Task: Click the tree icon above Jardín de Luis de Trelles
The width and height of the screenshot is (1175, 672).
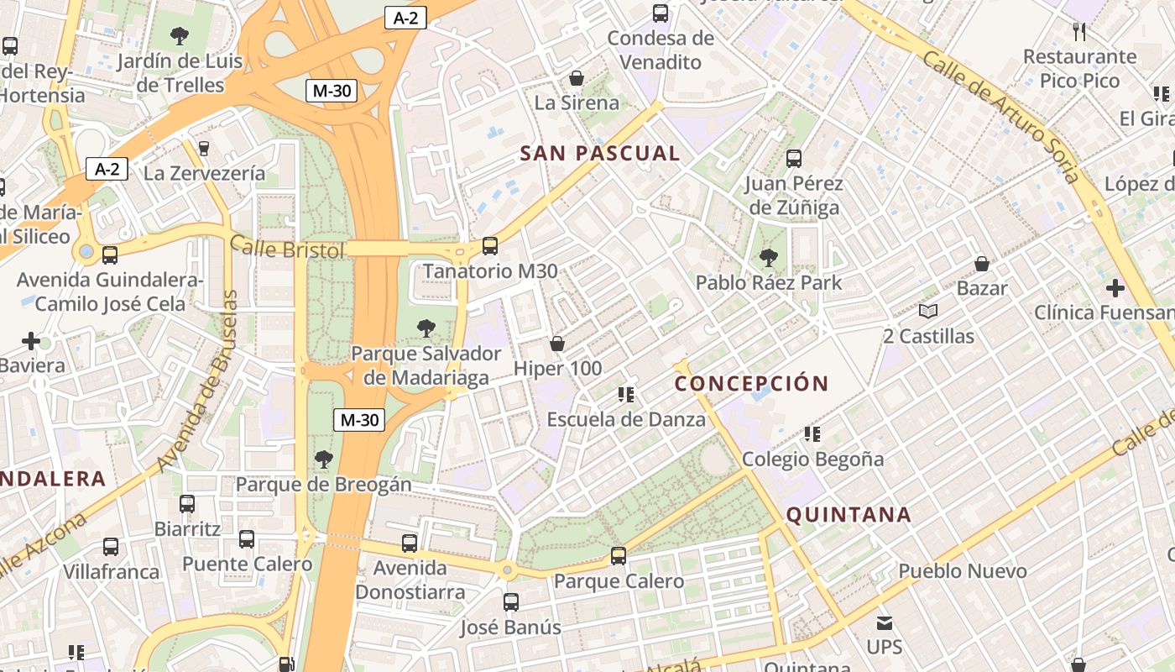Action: coord(179,36)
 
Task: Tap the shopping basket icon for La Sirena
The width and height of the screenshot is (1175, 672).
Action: coord(577,79)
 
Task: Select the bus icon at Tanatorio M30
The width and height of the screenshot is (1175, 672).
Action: coord(490,246)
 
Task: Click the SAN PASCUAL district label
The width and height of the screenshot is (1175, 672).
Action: coord(599,154)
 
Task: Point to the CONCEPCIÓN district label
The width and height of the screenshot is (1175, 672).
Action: coord(751,384)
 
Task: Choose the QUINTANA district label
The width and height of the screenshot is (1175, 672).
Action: coord(848,515)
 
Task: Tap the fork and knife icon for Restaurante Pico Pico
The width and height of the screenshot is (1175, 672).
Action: coord(1079,32)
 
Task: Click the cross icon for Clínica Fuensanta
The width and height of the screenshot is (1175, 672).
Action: coord(1115,289)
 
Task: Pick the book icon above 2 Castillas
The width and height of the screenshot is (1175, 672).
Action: coord(927,312)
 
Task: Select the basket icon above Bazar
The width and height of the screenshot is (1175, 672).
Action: coord(982,264)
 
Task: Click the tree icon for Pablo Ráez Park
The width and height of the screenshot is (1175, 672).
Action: coord(768,258)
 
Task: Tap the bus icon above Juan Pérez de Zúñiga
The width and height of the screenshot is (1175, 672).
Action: coord(793,158)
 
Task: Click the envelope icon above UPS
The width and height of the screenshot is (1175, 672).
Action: coord(885,623)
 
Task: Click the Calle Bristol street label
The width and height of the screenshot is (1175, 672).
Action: coord(287,249)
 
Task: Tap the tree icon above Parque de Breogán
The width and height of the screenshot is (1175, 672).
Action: coord(323,459)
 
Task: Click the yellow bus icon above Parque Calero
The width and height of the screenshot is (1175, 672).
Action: coord(619,555)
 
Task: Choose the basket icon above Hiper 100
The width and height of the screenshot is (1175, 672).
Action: coord(556,344)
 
